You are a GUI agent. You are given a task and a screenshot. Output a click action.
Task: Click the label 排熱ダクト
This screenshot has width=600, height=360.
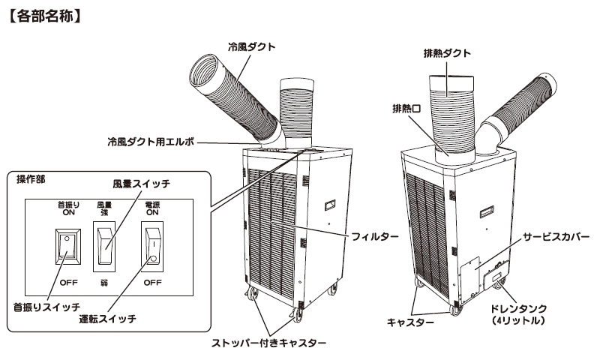point(446,52)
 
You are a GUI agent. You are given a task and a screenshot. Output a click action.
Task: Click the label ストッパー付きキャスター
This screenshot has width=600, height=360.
point(268,343)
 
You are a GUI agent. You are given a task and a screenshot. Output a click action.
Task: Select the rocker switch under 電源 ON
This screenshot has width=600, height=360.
point(153,247)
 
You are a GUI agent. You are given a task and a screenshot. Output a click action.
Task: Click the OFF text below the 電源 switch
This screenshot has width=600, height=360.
point(153,283)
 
